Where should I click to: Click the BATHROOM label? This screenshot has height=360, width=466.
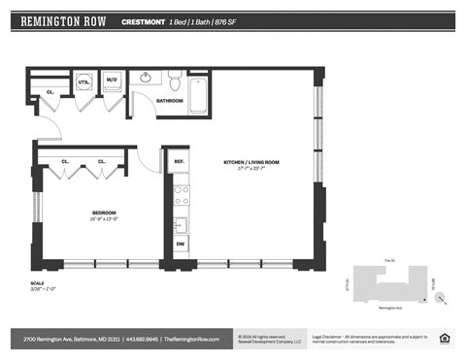pyautogui.click(x=170, y=100)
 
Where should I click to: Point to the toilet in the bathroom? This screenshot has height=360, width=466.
pyautogui.click(x=175, y=80)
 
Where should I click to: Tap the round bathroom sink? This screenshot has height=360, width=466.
pyautogui.click(x=147, y=78)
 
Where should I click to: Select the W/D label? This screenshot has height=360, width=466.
pyautogui.click(x=112, y=81)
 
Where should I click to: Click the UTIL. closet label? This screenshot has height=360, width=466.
pyautogui.click(x=83, y=82)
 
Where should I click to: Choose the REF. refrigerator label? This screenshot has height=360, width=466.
pyautogui.click(x=179, y=162)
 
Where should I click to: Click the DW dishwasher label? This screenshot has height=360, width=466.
pyautogui.click(x=180, y=244)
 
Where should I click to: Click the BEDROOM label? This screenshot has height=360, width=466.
pyautogui.click(x=104, y=213)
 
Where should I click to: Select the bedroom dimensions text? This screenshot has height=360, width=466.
pyautogui.click(x=104, y=219)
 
